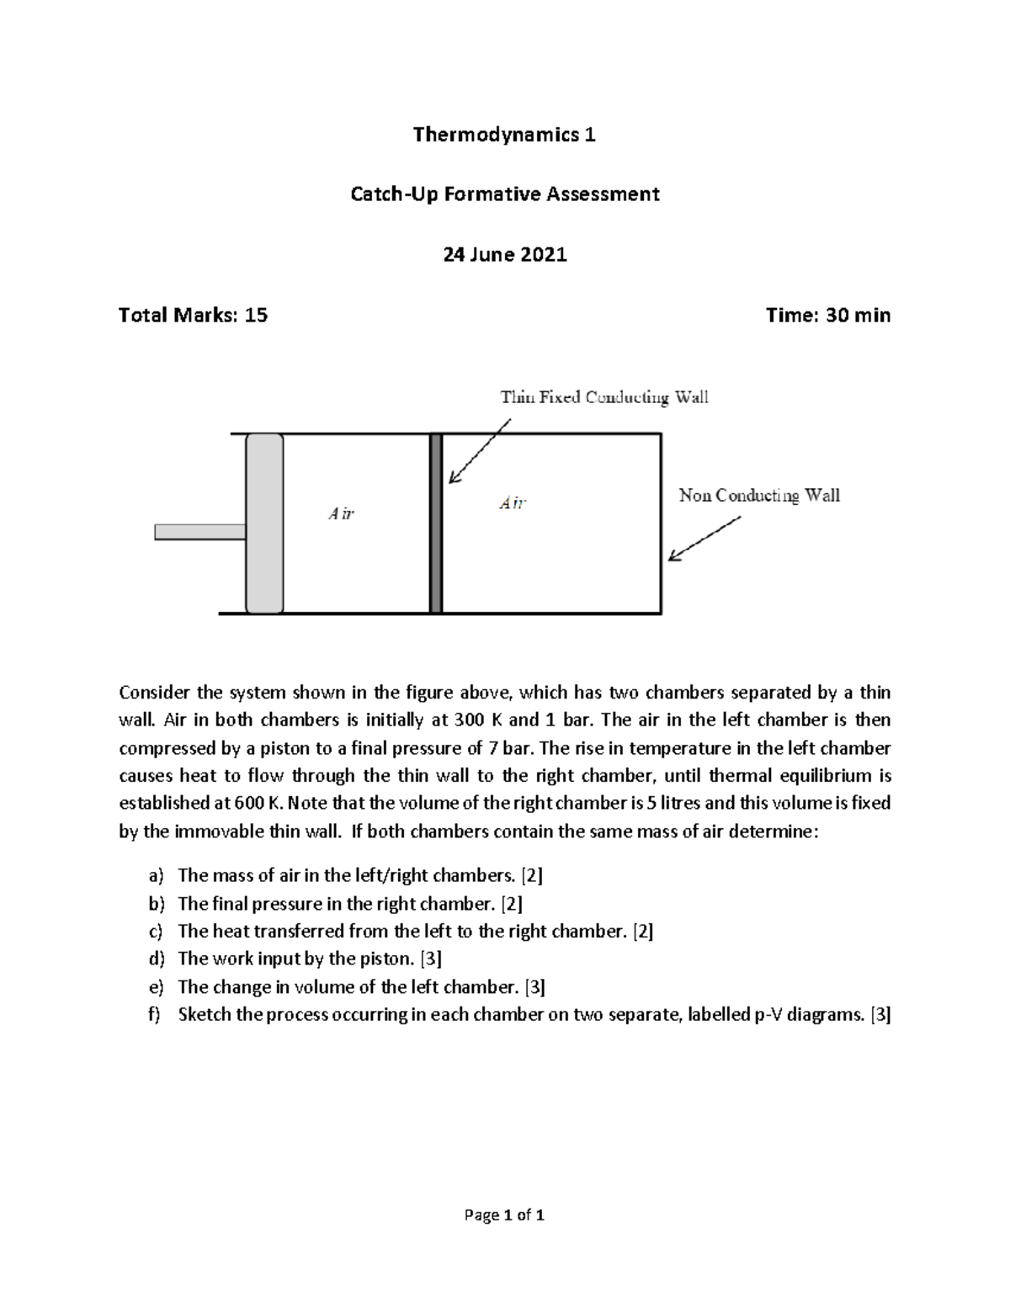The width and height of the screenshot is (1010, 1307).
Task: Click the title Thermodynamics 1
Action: pyautogui.click(x=504, y=135)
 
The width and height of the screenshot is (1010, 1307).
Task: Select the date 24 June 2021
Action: pyautogui.click(x=505, y=254)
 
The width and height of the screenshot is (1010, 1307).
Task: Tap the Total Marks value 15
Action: pyautogui.click(x=255, y=316)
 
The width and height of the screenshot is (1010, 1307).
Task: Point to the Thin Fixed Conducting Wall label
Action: pyautogui.click(x=604, y=397)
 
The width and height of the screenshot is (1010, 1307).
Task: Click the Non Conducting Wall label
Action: pyautogui.click(x=759, y=496)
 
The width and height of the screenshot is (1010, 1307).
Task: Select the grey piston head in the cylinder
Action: pyautogui.click(x=264, y=523)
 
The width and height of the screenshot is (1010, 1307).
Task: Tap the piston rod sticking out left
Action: pyautogui.click(x=199, y=532)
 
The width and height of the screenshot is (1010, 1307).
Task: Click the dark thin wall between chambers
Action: pyautogui.click(x=436, y=523)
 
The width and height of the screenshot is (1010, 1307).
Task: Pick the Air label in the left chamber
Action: pyautogui.click(x=341, y=513)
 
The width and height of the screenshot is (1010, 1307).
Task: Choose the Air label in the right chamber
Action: pyautogui.click(x=513, y=503)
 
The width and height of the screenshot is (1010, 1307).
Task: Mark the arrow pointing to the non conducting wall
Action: pyautogui.click(x=705, y=539)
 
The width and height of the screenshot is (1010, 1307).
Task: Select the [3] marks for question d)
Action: pyautogui.click(x=430, y=959)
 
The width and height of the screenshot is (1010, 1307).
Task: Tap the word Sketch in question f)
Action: pyautogui.click(x=205, y=1014)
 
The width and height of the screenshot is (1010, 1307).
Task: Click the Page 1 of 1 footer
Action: pyautogui.click(x=504, y=1215)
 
